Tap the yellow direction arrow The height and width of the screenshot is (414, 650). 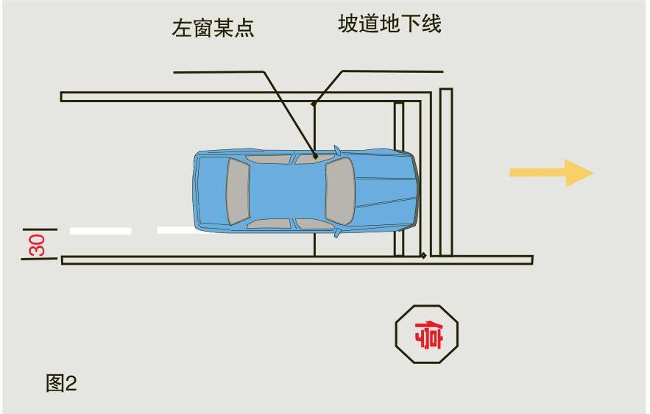[551, 174]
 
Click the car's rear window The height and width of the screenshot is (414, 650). [238, 191]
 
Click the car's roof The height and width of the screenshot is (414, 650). [287, 190]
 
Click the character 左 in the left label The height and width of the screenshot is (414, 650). [181, 28]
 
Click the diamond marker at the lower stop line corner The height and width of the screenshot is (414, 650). [423, 256]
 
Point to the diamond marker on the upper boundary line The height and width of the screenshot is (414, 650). [314, 104]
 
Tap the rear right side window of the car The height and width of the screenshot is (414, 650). [269, 223]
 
